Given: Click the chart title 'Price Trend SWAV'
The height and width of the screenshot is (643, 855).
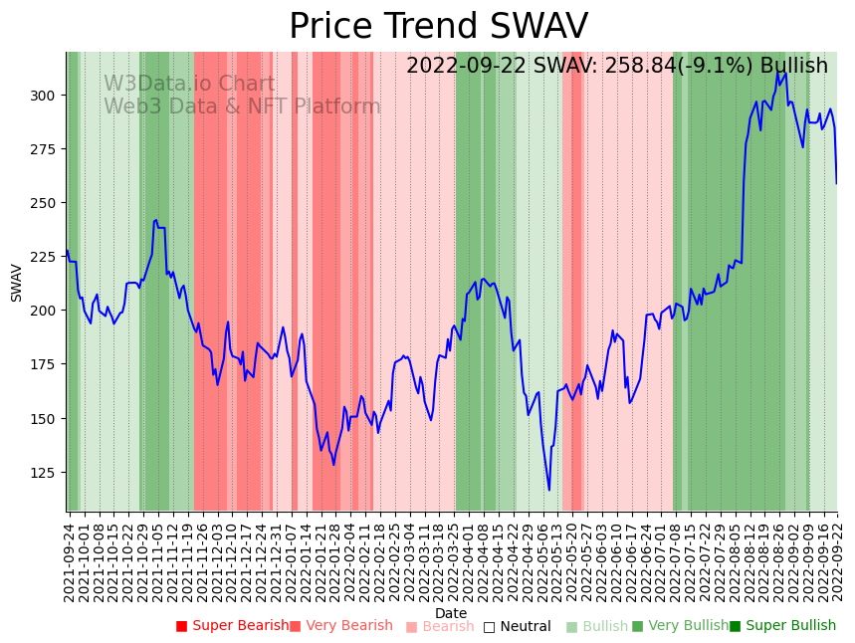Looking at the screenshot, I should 438,27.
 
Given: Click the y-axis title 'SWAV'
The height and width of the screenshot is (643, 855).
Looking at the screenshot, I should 17,283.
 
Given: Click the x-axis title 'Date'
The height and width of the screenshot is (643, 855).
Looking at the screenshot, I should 451,614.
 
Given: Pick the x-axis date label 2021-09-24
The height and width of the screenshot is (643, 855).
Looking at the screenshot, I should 69,562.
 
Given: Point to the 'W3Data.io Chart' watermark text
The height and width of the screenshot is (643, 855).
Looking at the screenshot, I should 189,85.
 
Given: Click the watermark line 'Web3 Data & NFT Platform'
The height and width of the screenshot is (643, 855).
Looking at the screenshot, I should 242,107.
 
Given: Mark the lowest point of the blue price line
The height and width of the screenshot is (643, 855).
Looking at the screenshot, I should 548,490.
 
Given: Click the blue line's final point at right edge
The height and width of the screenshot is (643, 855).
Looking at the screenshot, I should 836,183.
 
